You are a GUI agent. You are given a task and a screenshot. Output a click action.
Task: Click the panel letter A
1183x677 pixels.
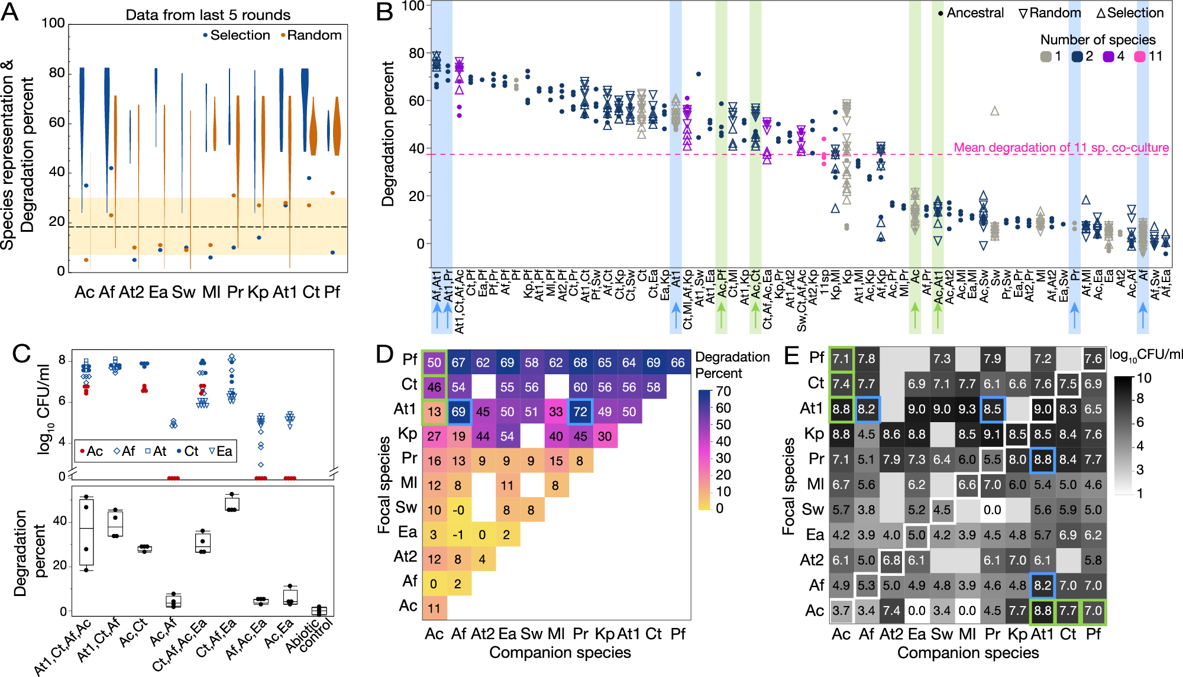click(11, 12)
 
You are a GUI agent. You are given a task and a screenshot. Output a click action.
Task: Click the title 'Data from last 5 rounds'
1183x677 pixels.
click(208, 15)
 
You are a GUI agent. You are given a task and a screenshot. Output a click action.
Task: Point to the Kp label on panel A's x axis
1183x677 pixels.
click(258, 291)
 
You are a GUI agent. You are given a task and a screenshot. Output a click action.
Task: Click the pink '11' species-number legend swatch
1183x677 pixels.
click(1140, 56)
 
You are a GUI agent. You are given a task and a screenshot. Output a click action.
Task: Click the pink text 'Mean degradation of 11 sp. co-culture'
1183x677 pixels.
click(1061, 147)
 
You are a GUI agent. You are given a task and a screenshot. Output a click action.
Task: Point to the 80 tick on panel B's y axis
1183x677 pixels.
click(416, 53)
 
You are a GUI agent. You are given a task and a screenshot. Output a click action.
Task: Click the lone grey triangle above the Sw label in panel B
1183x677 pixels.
click(995, 111)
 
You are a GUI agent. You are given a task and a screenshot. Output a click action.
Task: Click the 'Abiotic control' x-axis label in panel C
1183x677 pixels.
click(311, 636)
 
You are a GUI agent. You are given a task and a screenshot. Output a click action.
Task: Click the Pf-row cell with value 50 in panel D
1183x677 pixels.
click(434, 362)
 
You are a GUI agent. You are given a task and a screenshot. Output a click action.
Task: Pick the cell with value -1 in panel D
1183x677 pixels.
click(458, 535)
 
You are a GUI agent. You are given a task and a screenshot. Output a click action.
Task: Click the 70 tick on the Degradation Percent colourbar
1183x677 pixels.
click(723, 391)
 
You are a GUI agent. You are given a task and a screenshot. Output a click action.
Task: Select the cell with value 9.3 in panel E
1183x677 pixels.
click(967, 409)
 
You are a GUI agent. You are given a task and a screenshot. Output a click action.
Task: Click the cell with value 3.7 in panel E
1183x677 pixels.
click(841, 611)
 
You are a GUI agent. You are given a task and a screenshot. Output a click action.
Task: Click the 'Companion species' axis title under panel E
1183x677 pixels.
click(968, 653)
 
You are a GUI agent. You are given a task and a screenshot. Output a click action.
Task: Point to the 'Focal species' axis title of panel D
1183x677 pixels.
click(384, 485)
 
